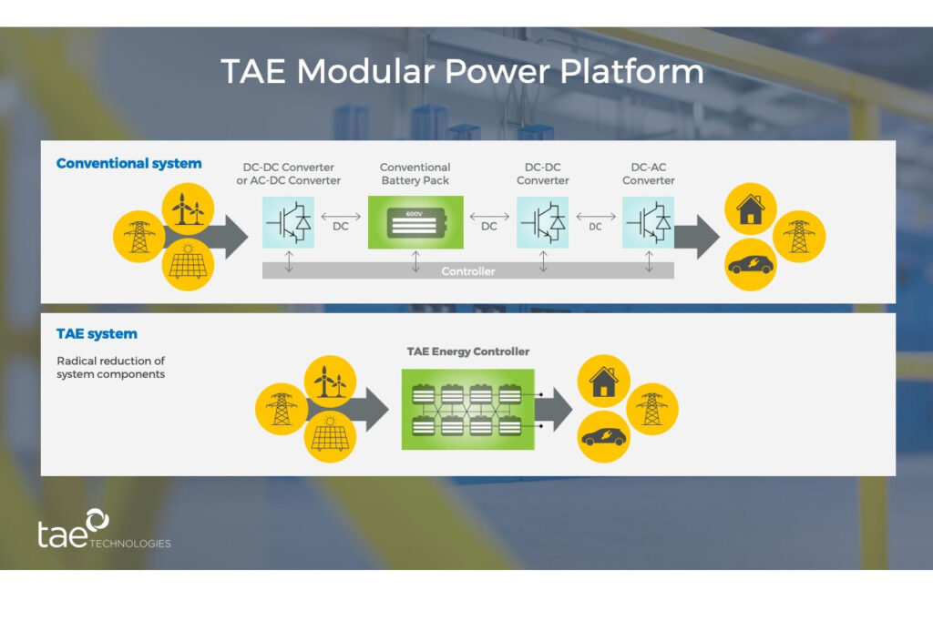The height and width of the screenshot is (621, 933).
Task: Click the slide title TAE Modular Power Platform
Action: tap(462, 72)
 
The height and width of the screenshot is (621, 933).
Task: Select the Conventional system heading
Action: tap(128, 164)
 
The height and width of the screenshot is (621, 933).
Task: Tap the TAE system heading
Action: tap(97, 334)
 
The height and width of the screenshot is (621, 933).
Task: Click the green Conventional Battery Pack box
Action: tap(415, 222)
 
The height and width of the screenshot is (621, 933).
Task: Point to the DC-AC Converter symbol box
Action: tap(649, 221)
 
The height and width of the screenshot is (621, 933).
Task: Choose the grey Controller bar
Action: tap(467, 270)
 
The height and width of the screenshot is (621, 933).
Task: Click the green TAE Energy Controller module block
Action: tap(467, 409)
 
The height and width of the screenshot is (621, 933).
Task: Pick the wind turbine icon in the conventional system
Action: tap(188, 209)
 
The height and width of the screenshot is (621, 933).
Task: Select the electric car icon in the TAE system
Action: tap(603, 435)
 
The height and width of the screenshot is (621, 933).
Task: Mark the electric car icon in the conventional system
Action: tap(751, 265)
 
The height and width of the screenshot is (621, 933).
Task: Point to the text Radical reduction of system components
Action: tap(110, 368)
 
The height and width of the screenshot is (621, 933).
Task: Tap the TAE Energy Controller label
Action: tap(467, 351)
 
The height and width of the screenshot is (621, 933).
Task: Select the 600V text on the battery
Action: tap(415, 213)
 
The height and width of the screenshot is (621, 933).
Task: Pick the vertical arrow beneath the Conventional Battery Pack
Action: tap(415, 261)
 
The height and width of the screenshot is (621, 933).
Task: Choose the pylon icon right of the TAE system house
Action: tap(652, 408)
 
